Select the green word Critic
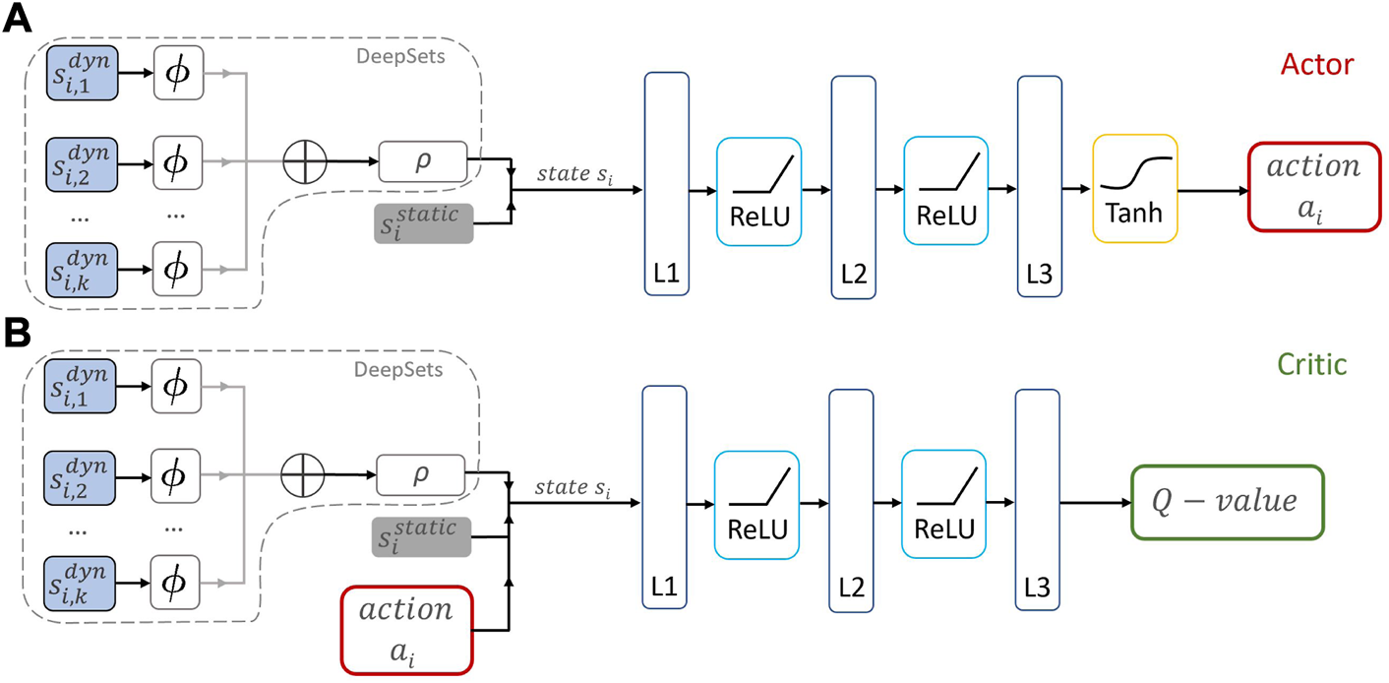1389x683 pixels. tap(1312, 364)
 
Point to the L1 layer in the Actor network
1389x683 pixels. tap(666, 184)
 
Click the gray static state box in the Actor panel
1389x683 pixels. tap(424, 222)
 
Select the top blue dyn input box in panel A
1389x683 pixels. tap(82, 72)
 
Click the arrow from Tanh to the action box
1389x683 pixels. tap(1212, 191)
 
